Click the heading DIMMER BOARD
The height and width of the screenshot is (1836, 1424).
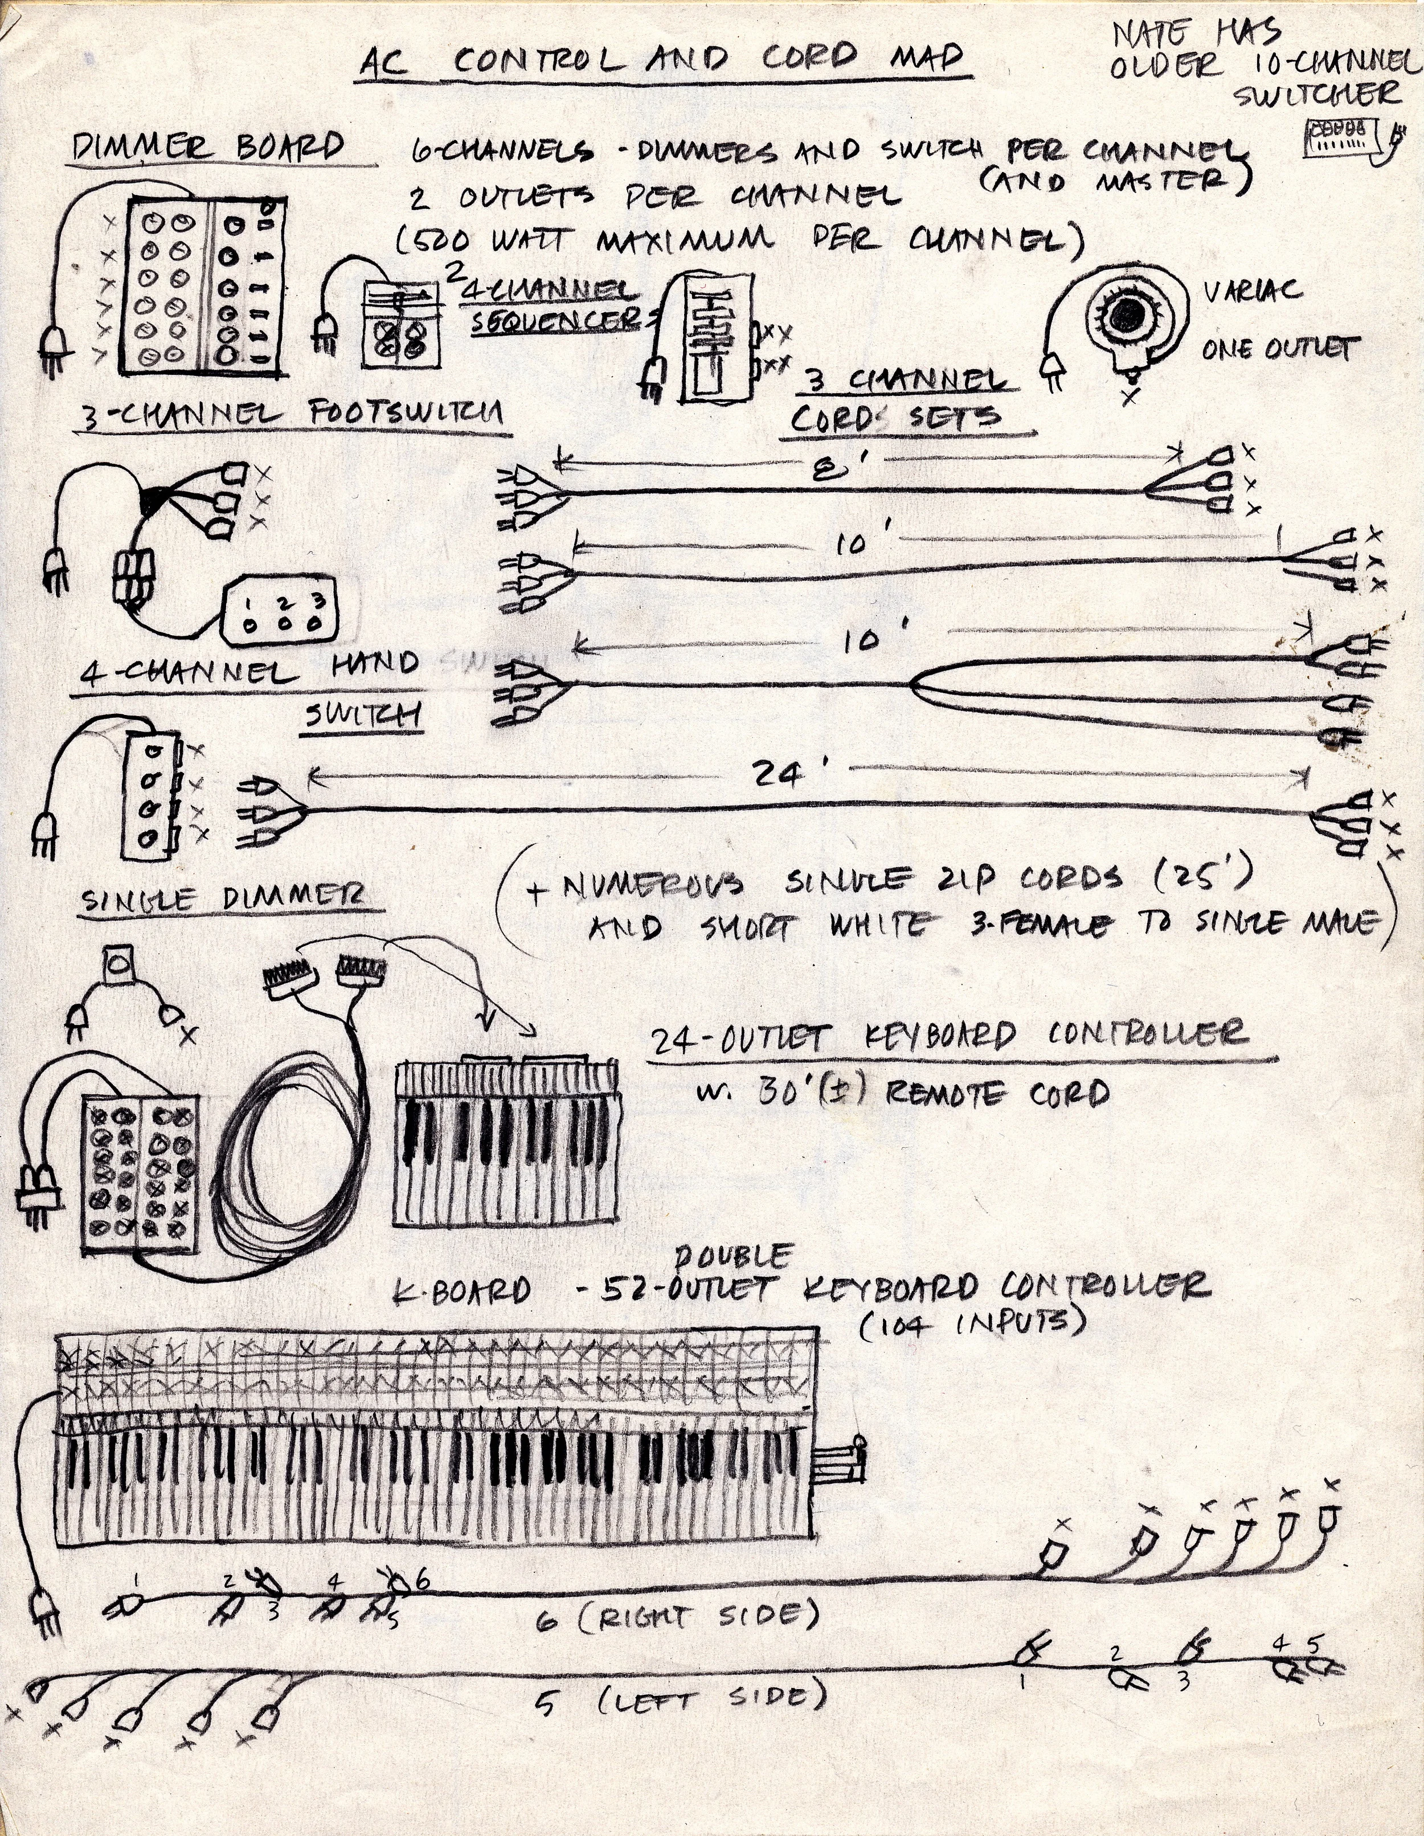[208, 148]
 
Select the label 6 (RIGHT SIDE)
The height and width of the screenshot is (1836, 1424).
[677, 1617]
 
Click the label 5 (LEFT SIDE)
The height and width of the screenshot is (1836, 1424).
[681, 1699]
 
